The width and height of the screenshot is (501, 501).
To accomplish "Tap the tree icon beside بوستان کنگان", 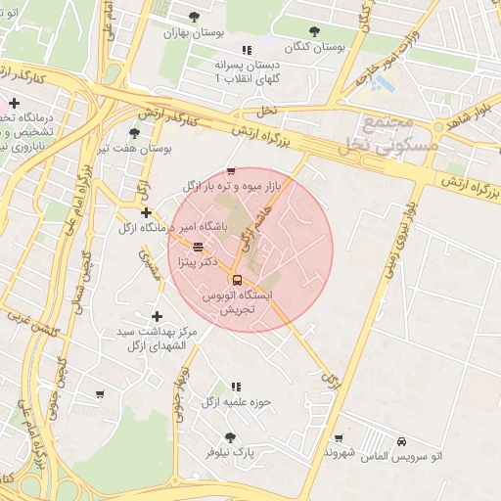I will (x=314, y=31).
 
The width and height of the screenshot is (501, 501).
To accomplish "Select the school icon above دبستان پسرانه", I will (x=247, y=49).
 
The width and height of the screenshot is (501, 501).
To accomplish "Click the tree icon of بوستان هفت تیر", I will (x=134, y=133).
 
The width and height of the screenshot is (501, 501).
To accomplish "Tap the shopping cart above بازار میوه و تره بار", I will (x=231, y=170).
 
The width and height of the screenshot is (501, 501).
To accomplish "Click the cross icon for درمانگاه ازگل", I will (x=146, y=212).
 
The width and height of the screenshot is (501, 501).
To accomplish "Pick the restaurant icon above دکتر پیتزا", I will (x=199, y=248).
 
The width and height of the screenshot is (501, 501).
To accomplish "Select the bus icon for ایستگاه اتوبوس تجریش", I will (x=237, y=279).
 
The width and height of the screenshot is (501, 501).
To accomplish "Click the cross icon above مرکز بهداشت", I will (x=157, y=316).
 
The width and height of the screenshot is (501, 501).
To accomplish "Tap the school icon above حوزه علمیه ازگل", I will (x=235, y=387).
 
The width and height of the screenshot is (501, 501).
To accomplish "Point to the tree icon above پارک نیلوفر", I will (x=230, y=437).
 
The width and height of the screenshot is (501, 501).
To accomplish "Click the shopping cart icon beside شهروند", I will (x=339, y=438).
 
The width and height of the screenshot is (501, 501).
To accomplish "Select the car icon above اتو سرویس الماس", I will (x=402, y=442).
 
